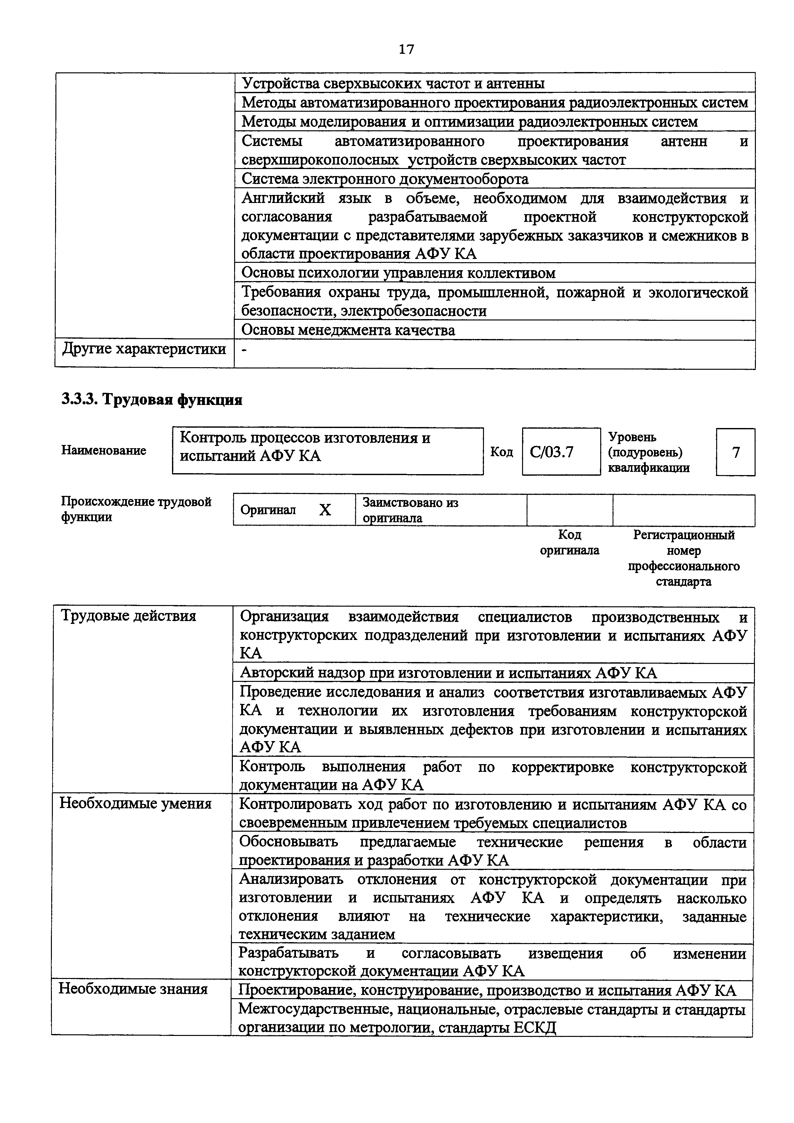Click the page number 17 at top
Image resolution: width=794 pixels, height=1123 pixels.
tap(406, 49)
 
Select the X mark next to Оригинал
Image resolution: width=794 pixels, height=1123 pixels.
tap(325, 510)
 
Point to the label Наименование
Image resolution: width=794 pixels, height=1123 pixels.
tap(104, 450)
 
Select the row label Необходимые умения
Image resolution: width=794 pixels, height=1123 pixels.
tap(135, 804)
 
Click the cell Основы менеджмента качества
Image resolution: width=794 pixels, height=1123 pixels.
tap(348, 330)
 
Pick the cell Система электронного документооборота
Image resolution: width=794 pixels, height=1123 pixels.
tap(385, 179)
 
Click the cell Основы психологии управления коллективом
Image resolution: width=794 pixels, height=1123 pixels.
tap(399, 273)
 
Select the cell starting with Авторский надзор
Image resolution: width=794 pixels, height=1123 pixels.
tap(448, 673)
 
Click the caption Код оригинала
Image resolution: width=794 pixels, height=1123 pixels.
tap(569, 542)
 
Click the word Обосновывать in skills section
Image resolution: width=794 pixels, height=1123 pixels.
tap(288, 842)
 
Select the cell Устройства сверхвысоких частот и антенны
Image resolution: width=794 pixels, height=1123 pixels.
tap(393, 84)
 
